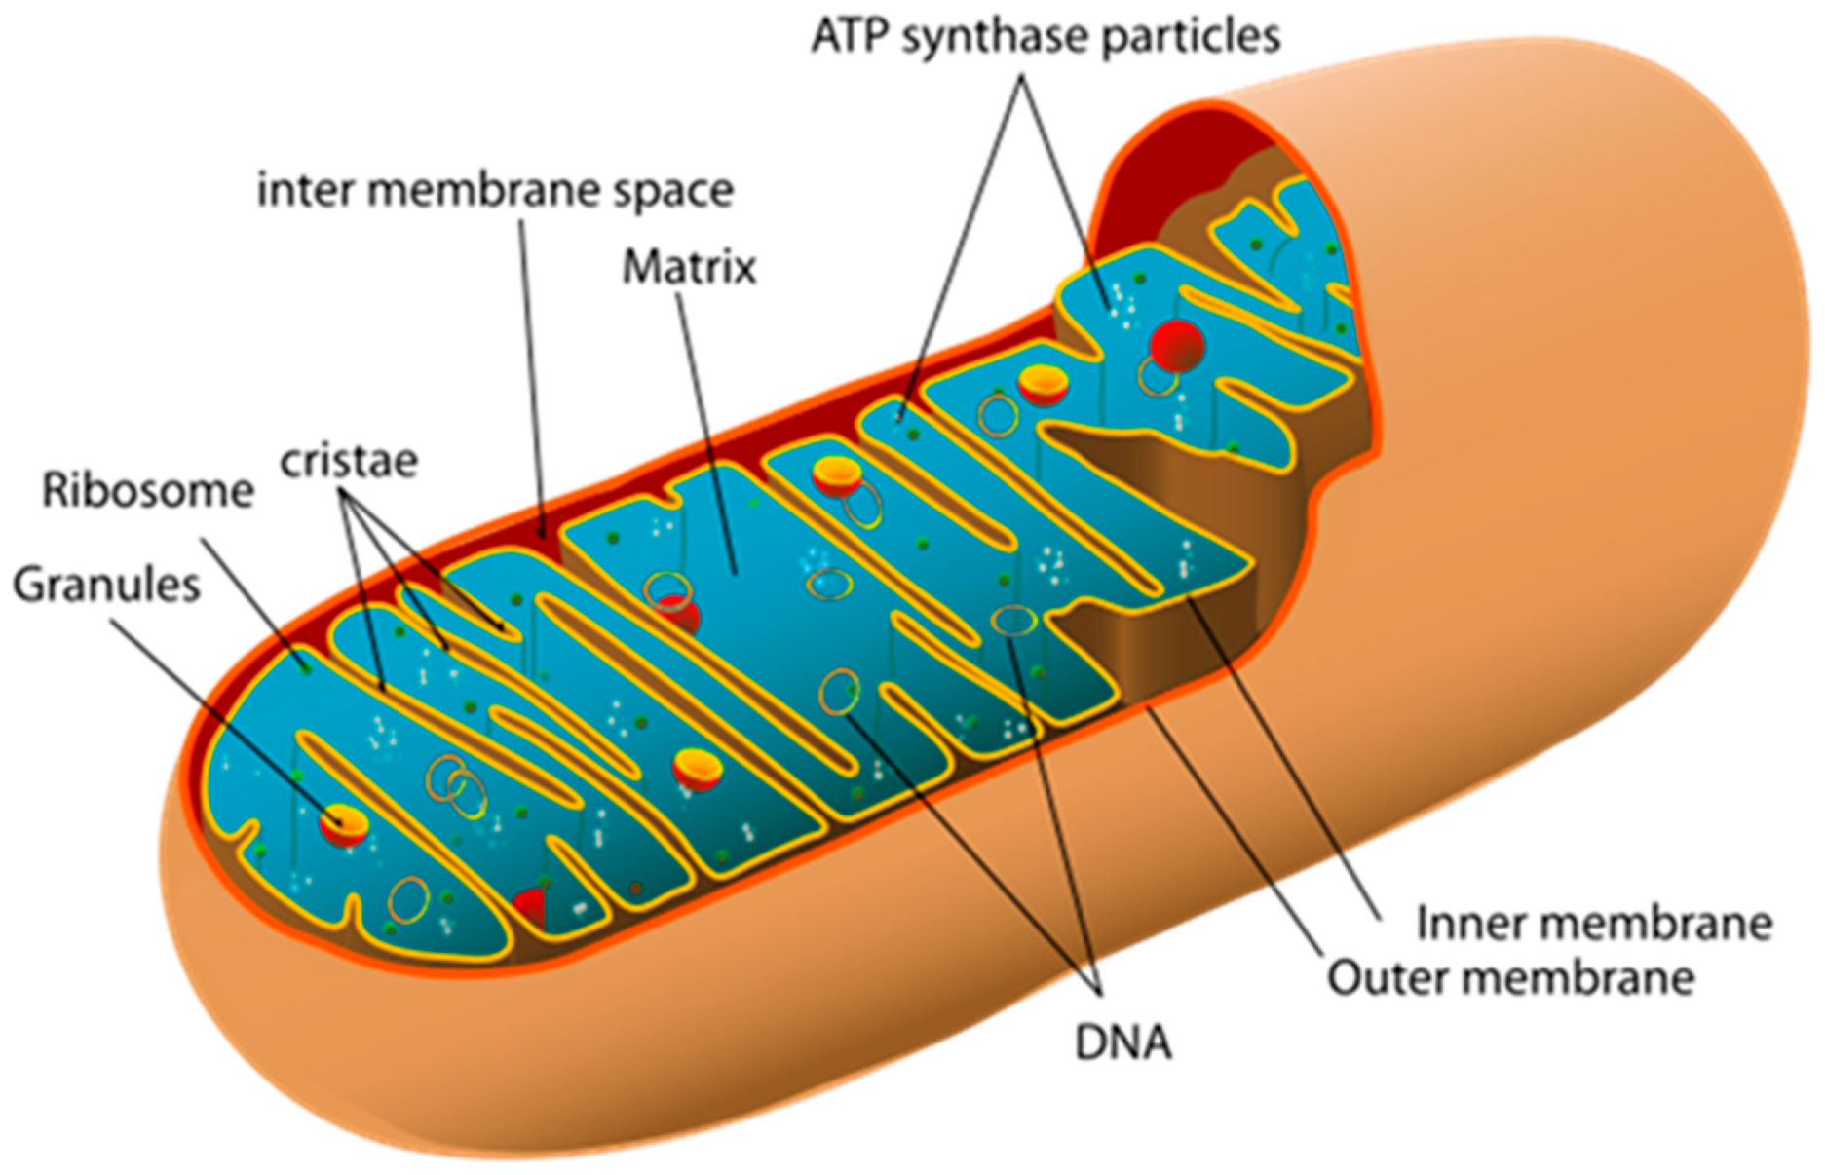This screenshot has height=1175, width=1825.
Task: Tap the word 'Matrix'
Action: [x=689, y=267]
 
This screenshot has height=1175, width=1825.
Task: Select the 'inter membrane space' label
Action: [x=495, y=190]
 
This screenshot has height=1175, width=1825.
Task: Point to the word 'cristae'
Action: [x=349, y=461]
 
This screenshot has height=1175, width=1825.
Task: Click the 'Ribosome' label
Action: [x=148, y=491]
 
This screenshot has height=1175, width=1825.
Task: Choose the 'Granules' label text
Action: [x=106, y=586]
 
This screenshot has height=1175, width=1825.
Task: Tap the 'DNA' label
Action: [x=1122, y=1042]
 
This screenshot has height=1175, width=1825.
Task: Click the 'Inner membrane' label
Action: [x=1593, y=924]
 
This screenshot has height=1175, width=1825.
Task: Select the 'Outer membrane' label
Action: [x=1511, y=977]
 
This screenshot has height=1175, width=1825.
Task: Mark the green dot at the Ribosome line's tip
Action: [x=306, y=667]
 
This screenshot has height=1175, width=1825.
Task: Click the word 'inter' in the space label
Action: [x=305, y=190]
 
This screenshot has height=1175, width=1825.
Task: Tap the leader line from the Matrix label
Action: [x=706, y=429]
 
